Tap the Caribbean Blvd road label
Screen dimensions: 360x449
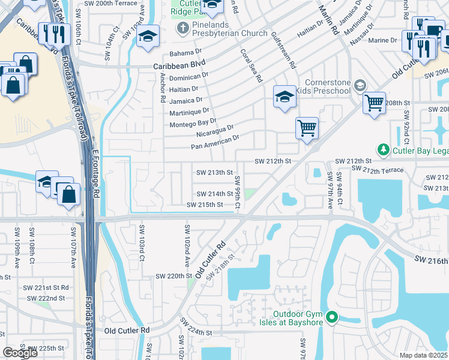(179, 63)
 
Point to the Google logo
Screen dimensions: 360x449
(20, 353)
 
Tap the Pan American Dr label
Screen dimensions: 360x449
(215, 142)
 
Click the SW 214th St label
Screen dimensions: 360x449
(214, 194)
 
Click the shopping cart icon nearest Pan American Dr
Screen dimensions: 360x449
(307, 127)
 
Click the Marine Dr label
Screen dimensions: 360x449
(385, 40)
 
